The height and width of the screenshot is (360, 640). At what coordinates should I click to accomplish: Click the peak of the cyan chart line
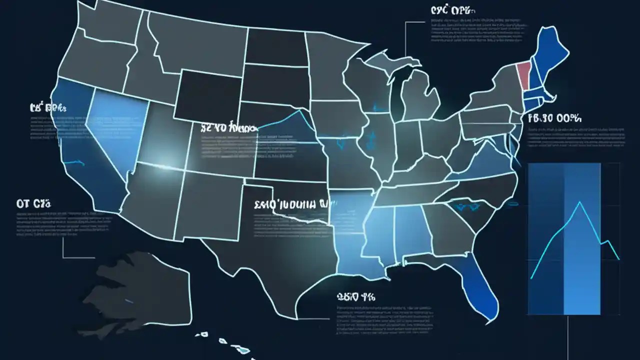point(579,202)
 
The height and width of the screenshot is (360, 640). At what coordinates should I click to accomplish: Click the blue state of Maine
point(550,50)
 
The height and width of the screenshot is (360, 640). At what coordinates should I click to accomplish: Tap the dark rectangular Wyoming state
point(210,95)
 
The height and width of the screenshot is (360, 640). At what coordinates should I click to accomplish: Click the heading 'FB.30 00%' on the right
point(554,119)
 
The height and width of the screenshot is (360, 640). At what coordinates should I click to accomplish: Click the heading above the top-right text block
point(453,10)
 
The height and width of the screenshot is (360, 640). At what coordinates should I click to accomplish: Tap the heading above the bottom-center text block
point(356,296)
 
